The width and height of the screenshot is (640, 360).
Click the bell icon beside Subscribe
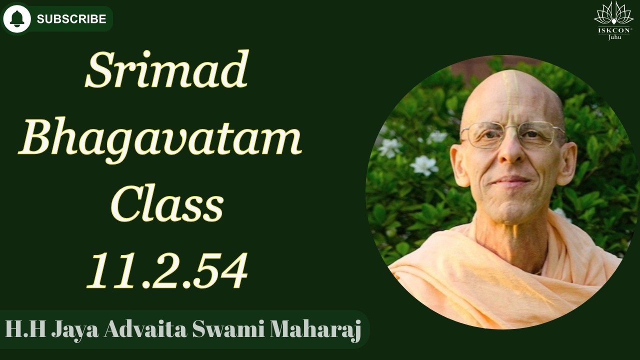(17, 19)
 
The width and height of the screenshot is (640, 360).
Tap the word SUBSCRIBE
(71, 19)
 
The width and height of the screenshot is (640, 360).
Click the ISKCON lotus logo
(613, 14)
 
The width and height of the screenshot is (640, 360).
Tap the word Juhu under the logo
(614, 37)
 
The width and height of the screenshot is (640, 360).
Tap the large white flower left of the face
(424, 165)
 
